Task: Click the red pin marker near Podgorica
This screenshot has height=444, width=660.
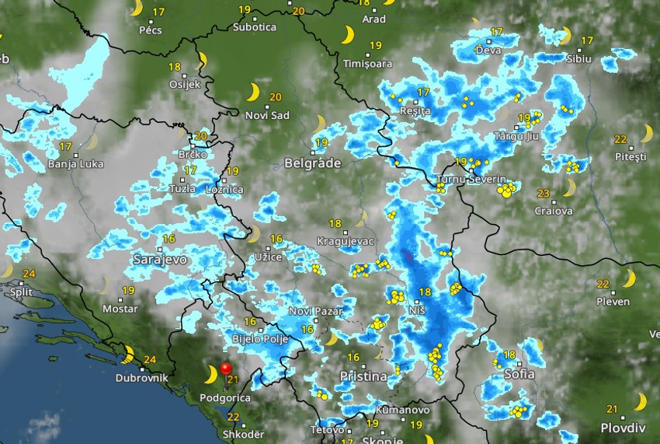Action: click(227, 369)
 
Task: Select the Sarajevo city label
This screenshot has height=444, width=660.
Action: click(160, 259)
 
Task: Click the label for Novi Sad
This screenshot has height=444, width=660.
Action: click(267, 115)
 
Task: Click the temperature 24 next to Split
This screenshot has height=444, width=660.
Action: click(30, 274)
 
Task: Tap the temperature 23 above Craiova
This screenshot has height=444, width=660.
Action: click(544, 194)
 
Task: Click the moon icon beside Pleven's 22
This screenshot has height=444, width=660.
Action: click(628, 279)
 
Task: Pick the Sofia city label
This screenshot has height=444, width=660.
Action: click(519, 374)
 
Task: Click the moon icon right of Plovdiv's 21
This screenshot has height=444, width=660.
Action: click(640, 401)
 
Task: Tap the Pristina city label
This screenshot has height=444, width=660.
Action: click(363, 376)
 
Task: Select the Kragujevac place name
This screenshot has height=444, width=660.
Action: click(346, 241)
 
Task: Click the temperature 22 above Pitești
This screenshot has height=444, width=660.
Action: click(620, 139)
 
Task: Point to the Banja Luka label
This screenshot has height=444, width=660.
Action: click(73, 164)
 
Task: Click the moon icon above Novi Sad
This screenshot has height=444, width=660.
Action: click(252, 93)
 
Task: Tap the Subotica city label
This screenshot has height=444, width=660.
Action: click(255, 27)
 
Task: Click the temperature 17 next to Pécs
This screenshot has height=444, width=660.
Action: click(159, 12)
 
